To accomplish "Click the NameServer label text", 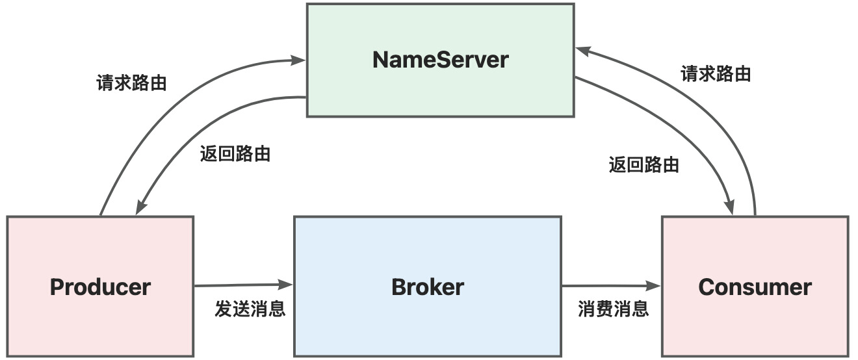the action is click(441, 60).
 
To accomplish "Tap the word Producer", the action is click(100, 287).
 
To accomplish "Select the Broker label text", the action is click(428, 287).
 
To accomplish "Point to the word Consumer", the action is click(755, 287).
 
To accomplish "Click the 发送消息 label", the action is click(250, 309).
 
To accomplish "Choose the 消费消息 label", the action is click(613, 309).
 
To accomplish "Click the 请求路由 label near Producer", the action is click(131, 83).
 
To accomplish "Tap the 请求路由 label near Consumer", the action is click(716, 73).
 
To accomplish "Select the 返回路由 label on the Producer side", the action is click(235, 154).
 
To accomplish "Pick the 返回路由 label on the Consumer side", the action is click(644, 164).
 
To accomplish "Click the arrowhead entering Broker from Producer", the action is click(285, 285).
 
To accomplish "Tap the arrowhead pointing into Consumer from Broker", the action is click(653, 286).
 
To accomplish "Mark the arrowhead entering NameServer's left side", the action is click(298, 60).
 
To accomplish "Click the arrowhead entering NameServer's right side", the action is click(583, 51).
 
